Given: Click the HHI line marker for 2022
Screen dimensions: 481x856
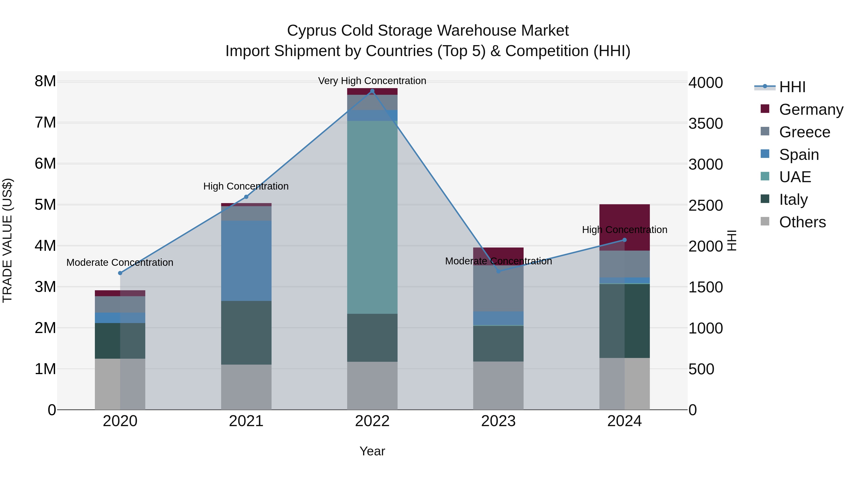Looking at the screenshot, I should (372, 91).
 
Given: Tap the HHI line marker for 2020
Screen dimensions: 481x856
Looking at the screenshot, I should (120, 273).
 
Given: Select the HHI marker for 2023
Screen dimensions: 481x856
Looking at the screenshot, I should (498, 271).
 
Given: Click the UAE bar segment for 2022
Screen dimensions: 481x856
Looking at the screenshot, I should (372, 217).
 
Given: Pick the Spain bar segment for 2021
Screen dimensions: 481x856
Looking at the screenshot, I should (246, 261).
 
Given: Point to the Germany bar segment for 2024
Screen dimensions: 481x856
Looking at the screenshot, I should (624, 219).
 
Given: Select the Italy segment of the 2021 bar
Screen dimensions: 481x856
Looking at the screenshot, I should (246, 333).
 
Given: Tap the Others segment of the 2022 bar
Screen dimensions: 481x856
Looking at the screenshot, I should (372, 386).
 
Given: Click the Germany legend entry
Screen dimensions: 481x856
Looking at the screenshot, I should (811, 110).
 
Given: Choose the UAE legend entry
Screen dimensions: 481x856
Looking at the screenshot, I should (795, 177).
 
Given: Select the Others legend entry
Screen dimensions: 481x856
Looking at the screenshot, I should (802, 222).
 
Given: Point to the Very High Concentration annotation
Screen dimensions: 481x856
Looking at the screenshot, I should (372, 81).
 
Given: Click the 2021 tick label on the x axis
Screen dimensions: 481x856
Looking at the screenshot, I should (246, 421).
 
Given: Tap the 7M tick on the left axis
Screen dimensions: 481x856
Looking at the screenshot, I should (45, 123).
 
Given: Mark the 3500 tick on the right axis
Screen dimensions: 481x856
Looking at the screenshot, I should (705, 124).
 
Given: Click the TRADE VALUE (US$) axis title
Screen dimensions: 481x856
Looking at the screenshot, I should (7, 240).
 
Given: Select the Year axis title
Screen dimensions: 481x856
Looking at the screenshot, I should (372, 451).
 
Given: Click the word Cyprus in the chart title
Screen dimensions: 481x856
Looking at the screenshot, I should (311, 31).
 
